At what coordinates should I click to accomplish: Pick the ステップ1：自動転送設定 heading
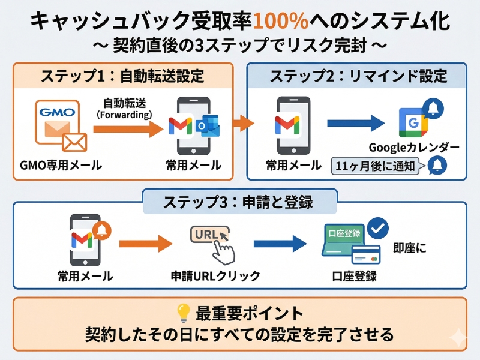click(x=122, y=76)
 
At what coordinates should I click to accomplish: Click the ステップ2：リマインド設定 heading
click(x=358, y=76)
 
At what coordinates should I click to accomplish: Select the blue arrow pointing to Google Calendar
click(x=355, y=124)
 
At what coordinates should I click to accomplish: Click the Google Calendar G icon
click(x=413, y=124)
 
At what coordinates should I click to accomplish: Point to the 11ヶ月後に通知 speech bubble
click(x=377, y=166)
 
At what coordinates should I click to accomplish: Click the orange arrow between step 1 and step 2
click(x=242, y=124)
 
